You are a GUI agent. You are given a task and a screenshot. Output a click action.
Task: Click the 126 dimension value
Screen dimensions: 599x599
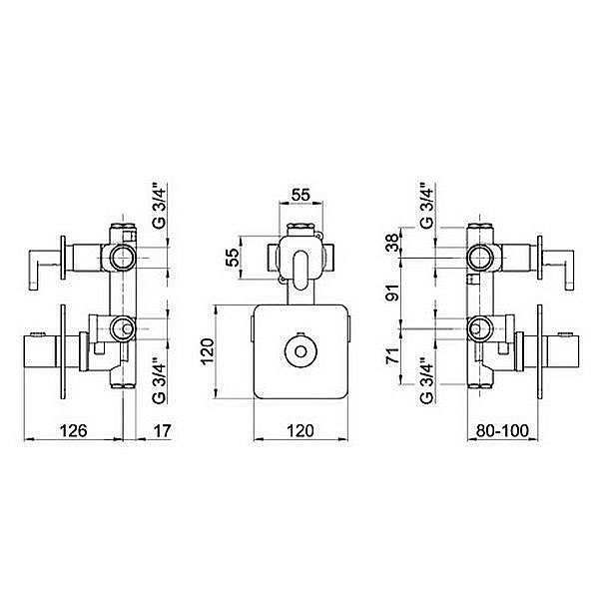pyautogui.click(x=74, y=431)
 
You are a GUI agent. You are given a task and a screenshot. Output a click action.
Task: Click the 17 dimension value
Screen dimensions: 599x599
pyautogui.click(x=163, y=431)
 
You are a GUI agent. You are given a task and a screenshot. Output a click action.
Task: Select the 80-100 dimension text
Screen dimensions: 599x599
pyautogui.click(x=503, y=431)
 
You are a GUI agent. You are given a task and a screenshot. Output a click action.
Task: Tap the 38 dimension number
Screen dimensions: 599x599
pyautogui.click(x=392, y=243)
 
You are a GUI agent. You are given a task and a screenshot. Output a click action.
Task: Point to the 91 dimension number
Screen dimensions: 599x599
pyautogui.click(x=392, y=293)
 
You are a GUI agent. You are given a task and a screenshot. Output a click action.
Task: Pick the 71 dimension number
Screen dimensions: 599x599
pyautogui.click(x=392, y=355)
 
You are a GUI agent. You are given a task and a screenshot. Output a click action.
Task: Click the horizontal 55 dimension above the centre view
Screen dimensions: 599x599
pyautogui.click(x=300, y=195)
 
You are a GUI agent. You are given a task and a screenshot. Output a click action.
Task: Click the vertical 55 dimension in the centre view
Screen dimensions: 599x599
pyautogui.click(x=233, y=258)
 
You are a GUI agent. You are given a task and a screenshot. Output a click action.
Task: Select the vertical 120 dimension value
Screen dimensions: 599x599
pyautogui.click(x=208, y=351)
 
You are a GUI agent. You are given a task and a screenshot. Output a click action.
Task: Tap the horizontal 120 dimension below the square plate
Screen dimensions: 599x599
pyautogui.click(x=300, y=431)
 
